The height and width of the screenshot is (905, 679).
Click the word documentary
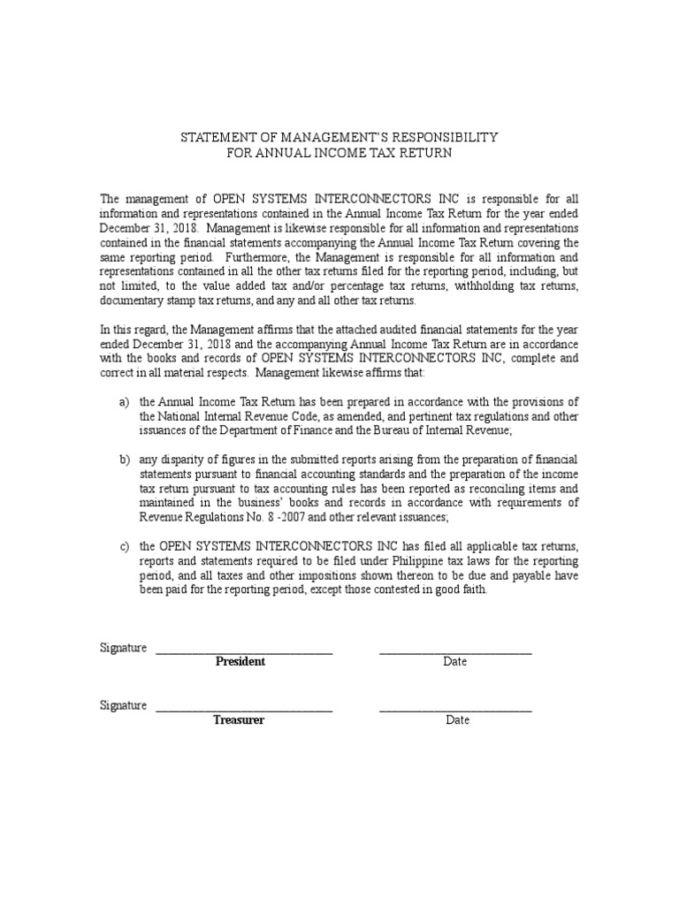point(132,301)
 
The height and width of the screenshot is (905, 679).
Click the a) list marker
point(125,403)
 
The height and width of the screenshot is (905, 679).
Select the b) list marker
point(125,460)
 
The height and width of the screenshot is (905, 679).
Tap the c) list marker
point(125,547)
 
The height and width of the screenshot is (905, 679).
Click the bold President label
point(240,662)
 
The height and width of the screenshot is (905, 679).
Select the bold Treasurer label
point(239,720)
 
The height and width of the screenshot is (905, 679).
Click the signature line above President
point(244,652)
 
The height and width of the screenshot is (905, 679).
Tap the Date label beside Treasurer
point(457,720)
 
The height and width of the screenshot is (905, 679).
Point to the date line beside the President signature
point(455,652)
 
